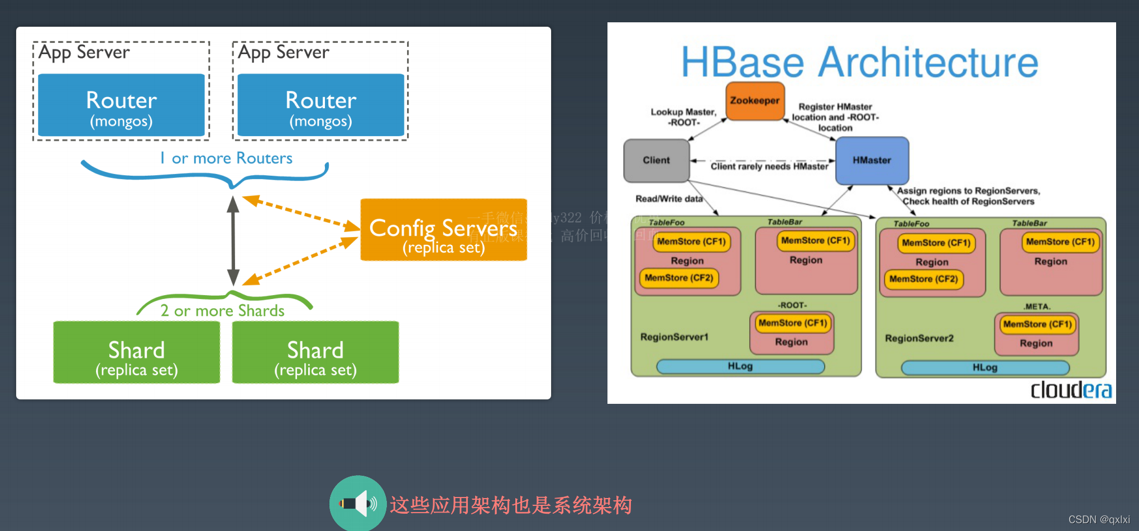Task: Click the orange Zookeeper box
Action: (x=755, y=101)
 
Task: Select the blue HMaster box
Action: (x=872, y=161)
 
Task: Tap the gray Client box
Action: (x=656, y=161)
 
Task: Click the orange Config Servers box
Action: (x=443, y=230)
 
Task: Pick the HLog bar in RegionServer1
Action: (x=740, y=366)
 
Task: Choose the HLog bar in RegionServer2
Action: (x=985, y=368)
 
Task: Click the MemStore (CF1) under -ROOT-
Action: (x=792, y=323)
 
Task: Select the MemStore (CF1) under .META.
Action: (x=1037, y=324)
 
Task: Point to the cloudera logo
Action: (x=1071, y=390)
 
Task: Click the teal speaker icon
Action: (x=357, y=503)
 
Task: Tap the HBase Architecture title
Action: (x=859, y=62)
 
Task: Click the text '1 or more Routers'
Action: (x=226, y=158)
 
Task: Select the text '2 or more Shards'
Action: (x=222, y=311)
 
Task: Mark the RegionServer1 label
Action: (x=674, y=337)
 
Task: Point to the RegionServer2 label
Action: (x=919, y=338)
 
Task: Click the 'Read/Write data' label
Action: (x=669, y=199)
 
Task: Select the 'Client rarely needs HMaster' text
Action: (x=769, y=166)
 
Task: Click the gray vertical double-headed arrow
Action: (x=233, y=241)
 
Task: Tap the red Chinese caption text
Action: (x=510, y=505)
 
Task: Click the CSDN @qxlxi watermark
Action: (x=1098, y=519)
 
